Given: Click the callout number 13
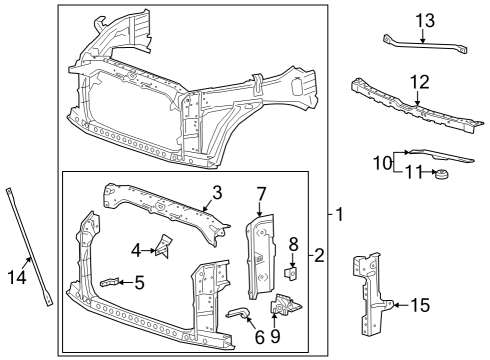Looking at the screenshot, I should pos(424,19).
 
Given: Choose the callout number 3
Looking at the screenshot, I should pos(215,190).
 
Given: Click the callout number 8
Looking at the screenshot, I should pos(293,243).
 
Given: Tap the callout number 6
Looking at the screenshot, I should pos(259,337).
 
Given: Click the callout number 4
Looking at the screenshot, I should pos(135,248).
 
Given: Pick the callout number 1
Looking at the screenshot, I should pos(338,214).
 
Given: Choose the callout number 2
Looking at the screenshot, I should pos(319,255).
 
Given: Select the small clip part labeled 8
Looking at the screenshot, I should pos(292,268).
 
